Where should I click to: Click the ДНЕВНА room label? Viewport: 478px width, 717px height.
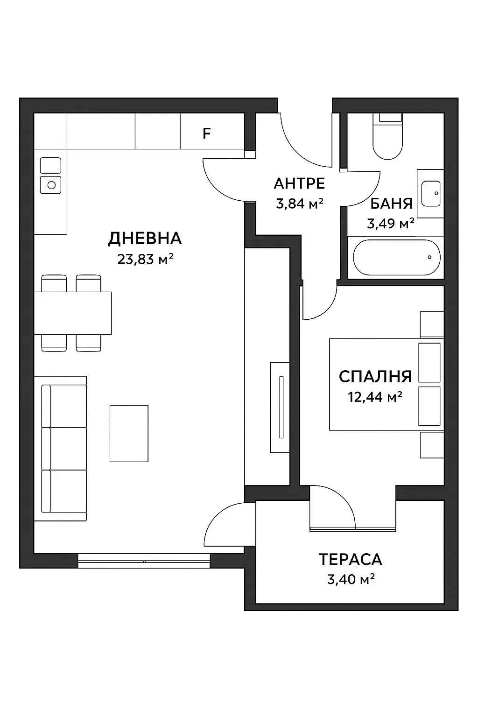click(145, 239)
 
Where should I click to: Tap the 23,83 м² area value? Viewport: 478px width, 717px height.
click(145, 259)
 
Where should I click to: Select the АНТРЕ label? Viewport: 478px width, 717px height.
click(299, 183)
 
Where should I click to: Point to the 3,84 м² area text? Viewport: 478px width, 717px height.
click(299, 204)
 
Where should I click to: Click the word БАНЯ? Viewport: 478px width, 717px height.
click(391, 204)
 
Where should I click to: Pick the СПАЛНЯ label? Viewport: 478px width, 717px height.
click(375, 376)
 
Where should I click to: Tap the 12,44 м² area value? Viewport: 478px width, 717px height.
click(375, 397)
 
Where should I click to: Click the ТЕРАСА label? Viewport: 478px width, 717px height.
click(350, 559)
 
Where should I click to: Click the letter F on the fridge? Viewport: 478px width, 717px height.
click(206, 134)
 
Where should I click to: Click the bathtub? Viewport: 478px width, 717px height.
click(396, 258)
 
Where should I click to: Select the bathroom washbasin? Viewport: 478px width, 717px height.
click(430, 193)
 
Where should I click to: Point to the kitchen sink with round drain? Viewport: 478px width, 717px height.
click(50, 184)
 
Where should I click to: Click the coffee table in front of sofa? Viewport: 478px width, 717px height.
click(129, 434)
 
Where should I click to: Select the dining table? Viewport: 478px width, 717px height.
click(73, 313)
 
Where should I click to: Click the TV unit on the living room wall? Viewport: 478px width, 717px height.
click(280, 407)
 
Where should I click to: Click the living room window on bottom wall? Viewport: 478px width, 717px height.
click(144, 560)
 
